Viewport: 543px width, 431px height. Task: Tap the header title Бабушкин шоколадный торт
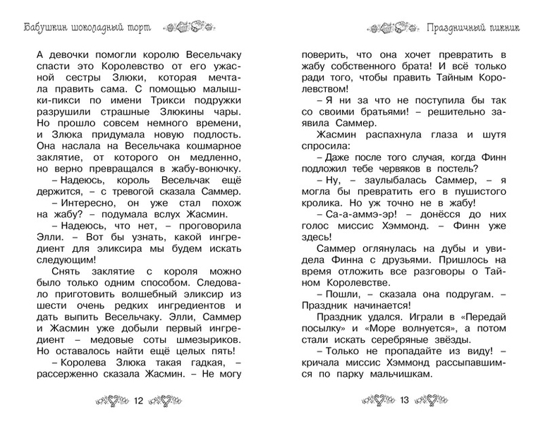tap(80, 28)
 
